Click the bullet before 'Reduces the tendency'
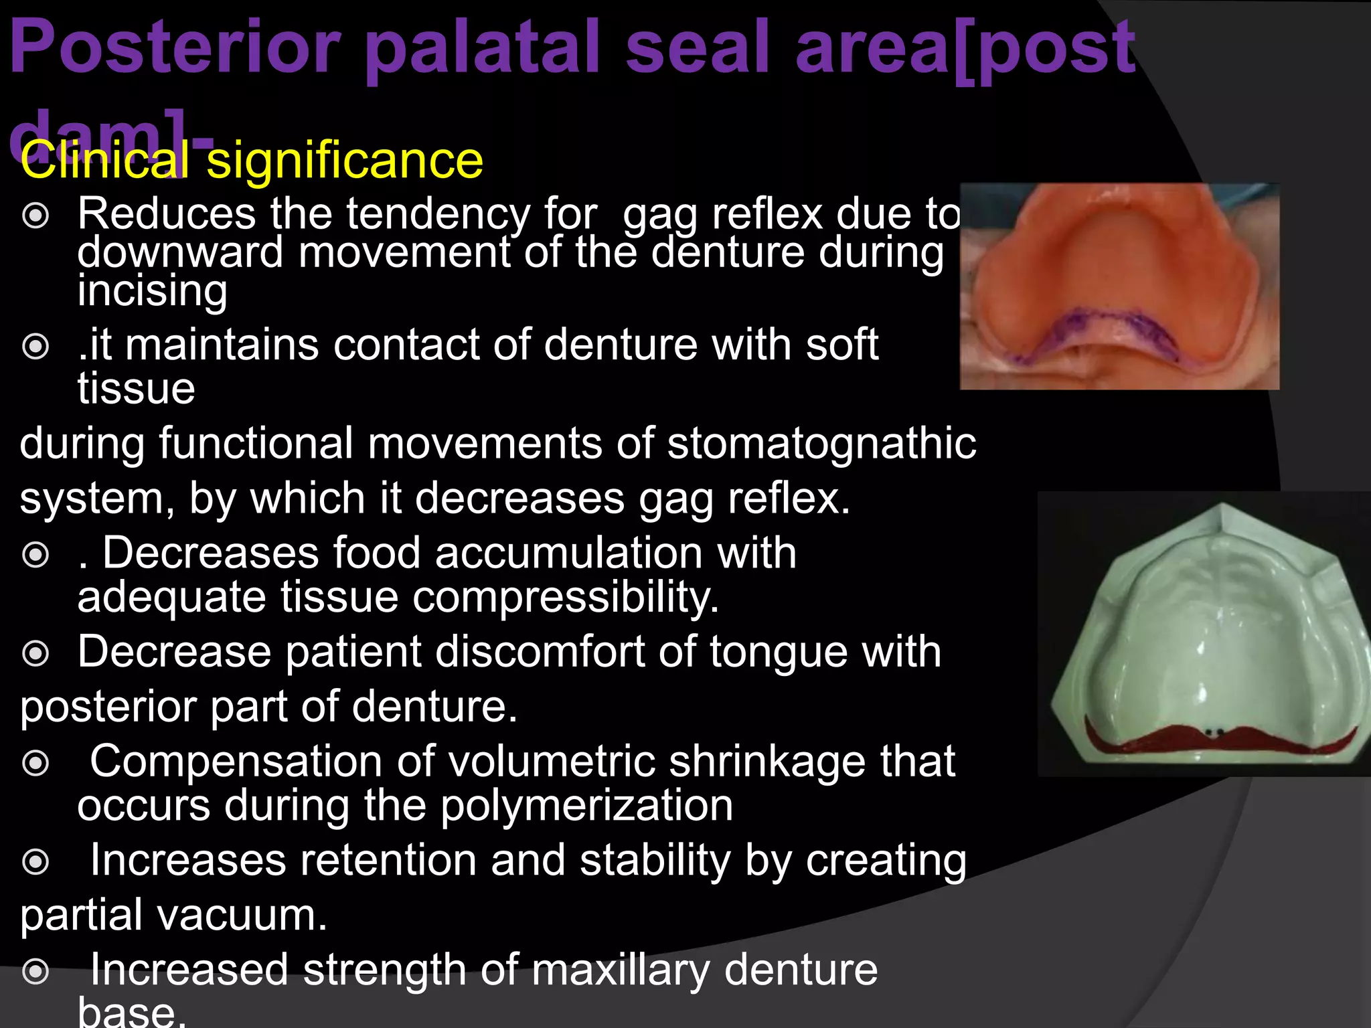pos(35,216)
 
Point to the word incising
pos(152,291)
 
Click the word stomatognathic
pos(821,443)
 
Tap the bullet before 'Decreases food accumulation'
pos(35,554)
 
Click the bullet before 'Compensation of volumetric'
pos(35,762)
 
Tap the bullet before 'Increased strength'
pos(35,971)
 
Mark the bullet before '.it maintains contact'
pos(35,346)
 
